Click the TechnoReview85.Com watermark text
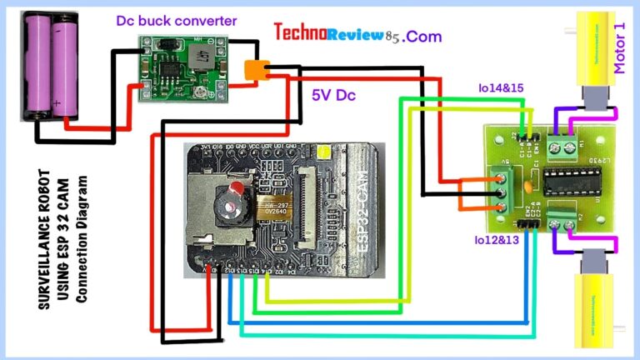357,34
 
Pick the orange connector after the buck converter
256,71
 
